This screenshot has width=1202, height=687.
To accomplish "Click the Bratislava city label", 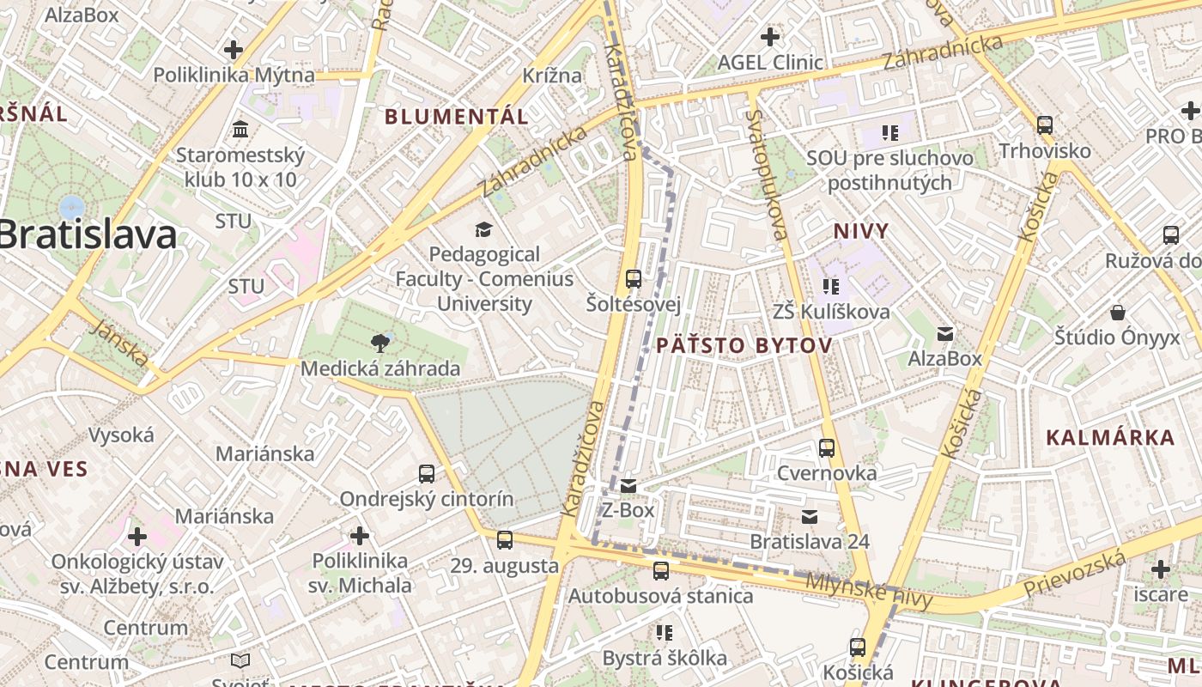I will click(86, 235).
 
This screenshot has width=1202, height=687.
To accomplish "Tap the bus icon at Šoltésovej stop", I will click(634, 278).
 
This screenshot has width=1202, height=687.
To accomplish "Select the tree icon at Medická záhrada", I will click(379, 343).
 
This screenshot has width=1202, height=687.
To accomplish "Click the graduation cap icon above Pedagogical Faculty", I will click(483, 229).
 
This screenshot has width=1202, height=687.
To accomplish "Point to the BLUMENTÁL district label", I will click(456, 117).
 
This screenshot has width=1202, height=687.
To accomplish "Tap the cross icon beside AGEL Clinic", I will click(770, 37).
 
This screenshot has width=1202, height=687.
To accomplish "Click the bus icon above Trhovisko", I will click(1045, 125).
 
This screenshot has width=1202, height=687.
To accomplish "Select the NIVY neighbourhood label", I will click(861, 230).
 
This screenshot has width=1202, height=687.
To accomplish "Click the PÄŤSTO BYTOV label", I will click(744, 345).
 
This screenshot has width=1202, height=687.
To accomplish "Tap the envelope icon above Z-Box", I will click(628, 486).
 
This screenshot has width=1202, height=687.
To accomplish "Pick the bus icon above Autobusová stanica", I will click(660, 570).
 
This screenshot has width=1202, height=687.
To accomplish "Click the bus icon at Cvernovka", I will click(827, 447).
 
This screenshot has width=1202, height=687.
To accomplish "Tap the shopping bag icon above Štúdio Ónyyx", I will click(1118, 312).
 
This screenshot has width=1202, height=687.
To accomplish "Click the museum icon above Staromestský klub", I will click(240, 130).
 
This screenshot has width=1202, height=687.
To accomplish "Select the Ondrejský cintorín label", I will click(427, 499).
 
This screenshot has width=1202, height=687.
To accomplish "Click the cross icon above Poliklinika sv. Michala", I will click(360, 537).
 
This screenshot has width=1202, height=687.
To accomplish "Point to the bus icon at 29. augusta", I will click(505, 540).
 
